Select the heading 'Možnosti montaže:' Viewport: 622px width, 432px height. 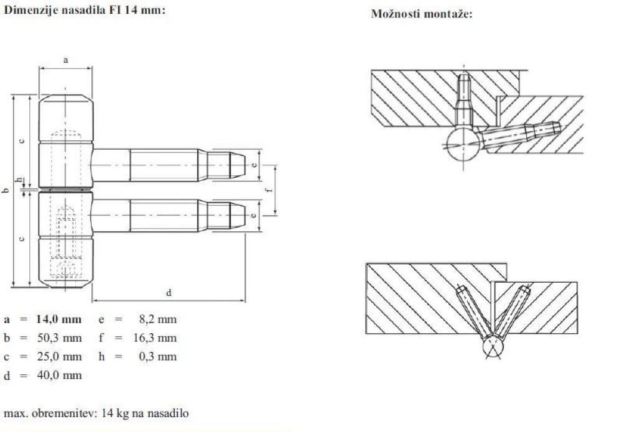421,14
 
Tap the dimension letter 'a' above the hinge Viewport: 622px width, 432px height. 65,59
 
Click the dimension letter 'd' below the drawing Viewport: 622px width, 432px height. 169,292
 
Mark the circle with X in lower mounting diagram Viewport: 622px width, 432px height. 491,348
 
